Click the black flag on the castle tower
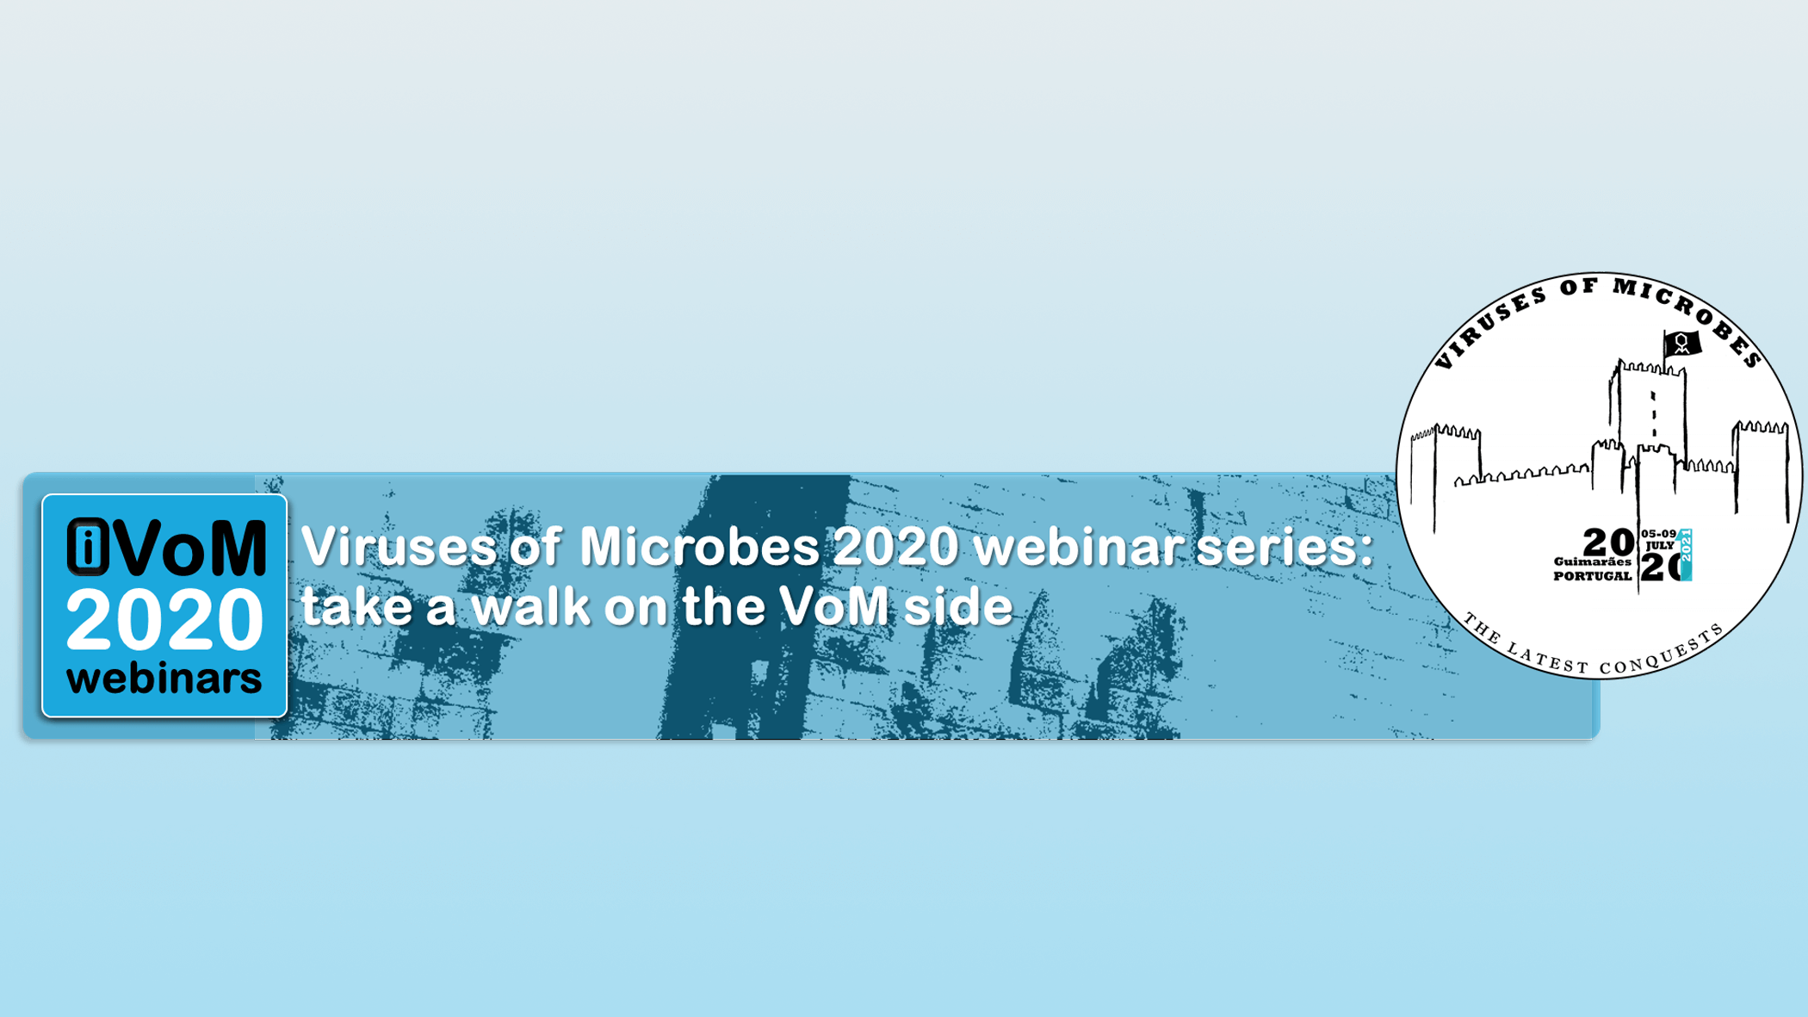click(x=1681, y=344)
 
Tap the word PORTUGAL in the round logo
click(x=1592, y=576)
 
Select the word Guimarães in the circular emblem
click(x=1592, y=561)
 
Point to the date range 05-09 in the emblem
click(x=1658, y=534)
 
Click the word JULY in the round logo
click(x=1660, y=545)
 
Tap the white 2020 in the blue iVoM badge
click(x=164, y=619)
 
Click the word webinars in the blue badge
click(x=164, y=679)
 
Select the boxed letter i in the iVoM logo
click(x=88, y=546)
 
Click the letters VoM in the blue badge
click(x=189, y=547)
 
